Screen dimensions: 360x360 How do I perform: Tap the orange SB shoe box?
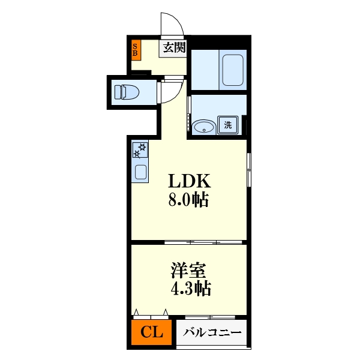click(x=136, y=50)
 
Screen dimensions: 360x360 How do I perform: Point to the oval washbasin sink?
click(x=205, y=127)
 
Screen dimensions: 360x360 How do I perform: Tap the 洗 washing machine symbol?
click(x=228, y=125)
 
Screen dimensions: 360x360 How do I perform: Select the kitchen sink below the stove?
click(x=140, y=172)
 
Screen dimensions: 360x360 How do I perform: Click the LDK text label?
click(x=188, y=181)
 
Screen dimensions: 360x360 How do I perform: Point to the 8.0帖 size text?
click(x=188, y=200)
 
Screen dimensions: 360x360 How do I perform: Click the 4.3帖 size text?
click(x=188, y=289)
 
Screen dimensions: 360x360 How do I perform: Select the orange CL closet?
click(x=152, y=332)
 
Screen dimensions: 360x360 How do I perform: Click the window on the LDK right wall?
click(x=248, y=171)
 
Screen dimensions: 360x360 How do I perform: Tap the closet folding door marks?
click(x=151, y=313)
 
